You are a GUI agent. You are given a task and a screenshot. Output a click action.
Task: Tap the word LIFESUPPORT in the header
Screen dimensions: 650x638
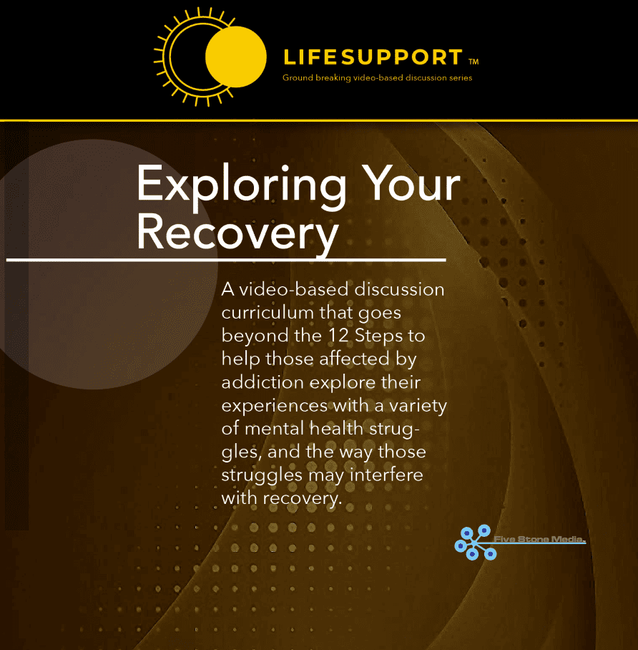(x=373, y=57)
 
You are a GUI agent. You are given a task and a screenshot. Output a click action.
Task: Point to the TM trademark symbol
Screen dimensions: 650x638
(x=473, y=62)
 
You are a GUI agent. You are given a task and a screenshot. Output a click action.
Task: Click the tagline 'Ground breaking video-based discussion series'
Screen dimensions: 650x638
(x=377, y=78)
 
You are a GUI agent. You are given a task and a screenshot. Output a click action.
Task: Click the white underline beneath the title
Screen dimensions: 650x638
(x=226, y=259)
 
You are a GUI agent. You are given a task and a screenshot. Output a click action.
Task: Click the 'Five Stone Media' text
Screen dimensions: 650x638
(x=540, y=539)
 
